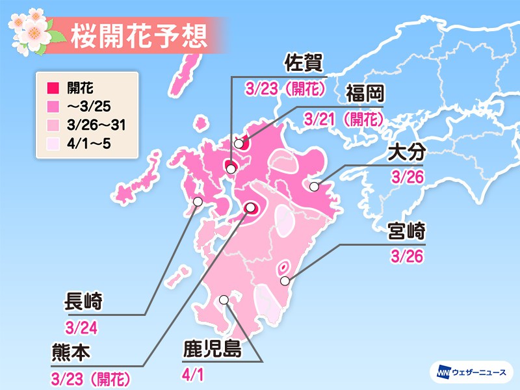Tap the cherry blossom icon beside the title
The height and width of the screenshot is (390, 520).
click(29, 29)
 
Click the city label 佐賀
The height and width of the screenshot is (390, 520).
click(304, 66)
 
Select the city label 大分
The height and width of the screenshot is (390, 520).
click(406, 155)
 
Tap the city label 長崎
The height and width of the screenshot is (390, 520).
click(84, 302)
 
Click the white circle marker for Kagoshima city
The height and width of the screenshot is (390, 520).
click(224, 300)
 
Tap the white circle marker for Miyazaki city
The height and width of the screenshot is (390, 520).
click(285, 281)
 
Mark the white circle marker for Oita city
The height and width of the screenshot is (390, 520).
click(315, 187)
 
